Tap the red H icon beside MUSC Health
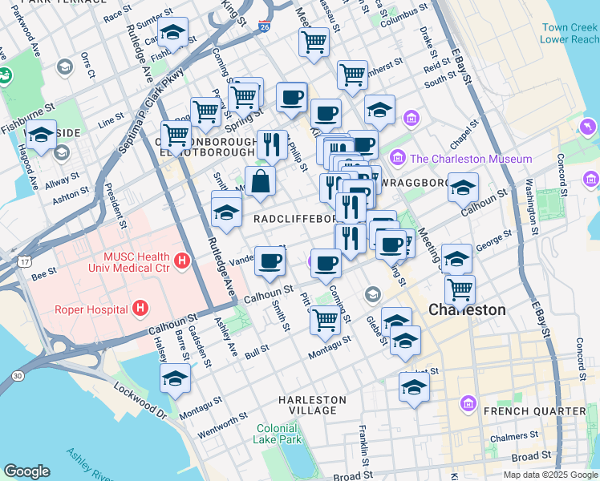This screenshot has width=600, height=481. [x=182, y=261]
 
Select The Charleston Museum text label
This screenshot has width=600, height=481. [x=471, y=159]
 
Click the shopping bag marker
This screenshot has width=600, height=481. [x=261, y=181]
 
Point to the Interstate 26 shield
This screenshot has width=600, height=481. [x=265, y=26]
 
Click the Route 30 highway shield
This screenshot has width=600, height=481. [x=17, y=375]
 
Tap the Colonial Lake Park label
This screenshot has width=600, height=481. [x=278, y=434]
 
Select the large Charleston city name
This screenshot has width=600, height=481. [x=467, y=309]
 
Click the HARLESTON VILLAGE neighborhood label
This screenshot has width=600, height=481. [x=313, y=405]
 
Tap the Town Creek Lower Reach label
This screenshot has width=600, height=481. [x=570, y=33]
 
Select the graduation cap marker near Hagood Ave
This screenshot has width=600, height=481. [x=41, y=135]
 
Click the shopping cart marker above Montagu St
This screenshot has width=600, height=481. [x=325, y=319]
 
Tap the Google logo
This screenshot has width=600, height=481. [x=26, y=471]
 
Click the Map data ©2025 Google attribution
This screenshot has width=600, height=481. [x=549, y=475]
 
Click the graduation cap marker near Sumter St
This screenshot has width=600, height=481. [x=172, y=34]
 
